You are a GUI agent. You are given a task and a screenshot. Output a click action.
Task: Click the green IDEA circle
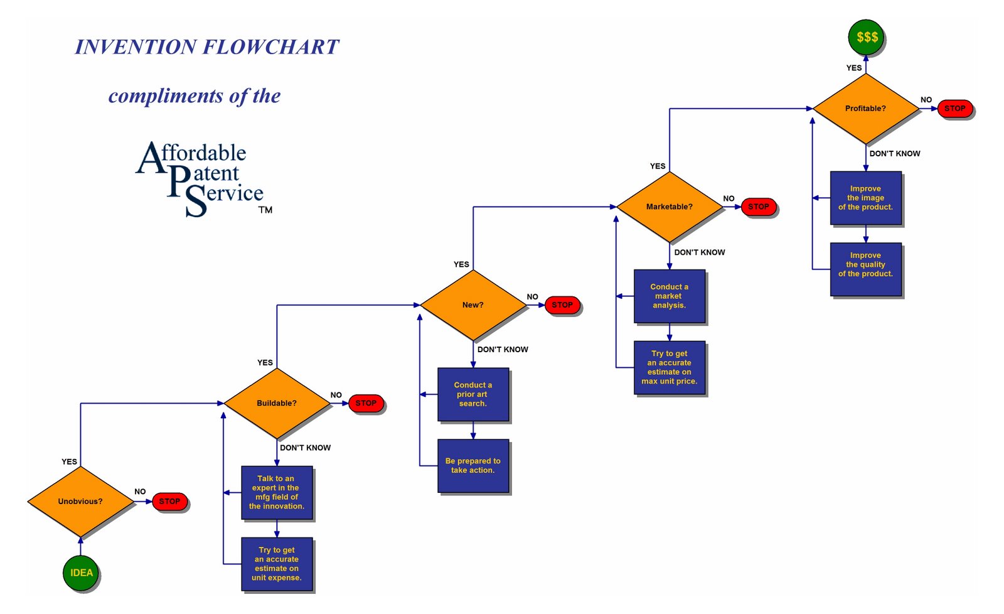(x=81, y=573)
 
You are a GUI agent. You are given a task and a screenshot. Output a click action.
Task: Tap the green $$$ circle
(x=866, y=36)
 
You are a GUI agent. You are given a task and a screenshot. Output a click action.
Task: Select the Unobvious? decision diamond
(x=80, y=501)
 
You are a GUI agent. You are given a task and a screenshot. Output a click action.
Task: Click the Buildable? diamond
(x=277, y=403)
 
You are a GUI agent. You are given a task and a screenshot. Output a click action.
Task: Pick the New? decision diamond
(x=473, y=305)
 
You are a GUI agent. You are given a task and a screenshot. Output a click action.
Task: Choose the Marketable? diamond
(x=670, y=207)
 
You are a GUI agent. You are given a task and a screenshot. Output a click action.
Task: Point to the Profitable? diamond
(x=866, y=109)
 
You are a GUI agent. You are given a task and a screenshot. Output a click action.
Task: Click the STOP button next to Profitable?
(x=955, y=109)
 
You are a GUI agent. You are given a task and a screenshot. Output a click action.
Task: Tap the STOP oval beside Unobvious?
(x=169, y=501)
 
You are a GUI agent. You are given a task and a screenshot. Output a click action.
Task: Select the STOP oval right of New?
(x=562, y=305)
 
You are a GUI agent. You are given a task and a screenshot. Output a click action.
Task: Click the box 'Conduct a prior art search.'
(x=473, y=394)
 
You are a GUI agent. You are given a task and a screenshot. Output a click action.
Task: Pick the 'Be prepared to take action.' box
(x=473, y=465)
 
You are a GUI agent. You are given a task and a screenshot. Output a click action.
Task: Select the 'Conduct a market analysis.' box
(x=670, y=296)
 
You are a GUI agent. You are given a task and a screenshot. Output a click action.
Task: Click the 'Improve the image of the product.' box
(x=866, y=198)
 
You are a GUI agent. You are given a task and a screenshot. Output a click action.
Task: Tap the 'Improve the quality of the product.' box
(x=866, y=269)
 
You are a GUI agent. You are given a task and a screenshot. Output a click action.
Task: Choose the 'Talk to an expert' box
(x=277, y=492)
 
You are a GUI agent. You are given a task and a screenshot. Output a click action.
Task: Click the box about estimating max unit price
(x=670, y=367)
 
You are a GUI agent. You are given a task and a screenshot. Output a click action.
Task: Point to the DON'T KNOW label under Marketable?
(x=699, y=252)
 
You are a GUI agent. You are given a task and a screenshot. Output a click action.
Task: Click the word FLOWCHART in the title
(x=272, y=47)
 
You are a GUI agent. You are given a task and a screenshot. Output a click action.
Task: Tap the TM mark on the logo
(x=265, y=210)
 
